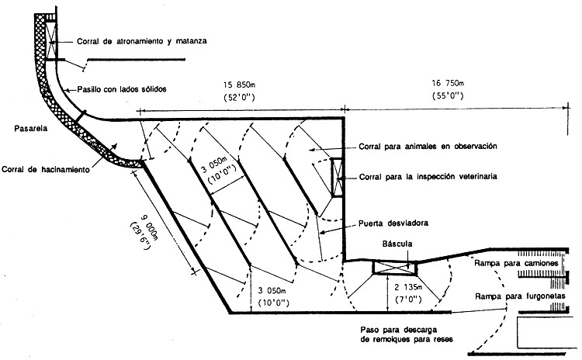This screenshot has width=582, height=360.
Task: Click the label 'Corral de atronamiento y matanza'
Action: click(x=143, y=41)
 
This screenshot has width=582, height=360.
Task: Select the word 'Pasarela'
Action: click(x=26, y=128)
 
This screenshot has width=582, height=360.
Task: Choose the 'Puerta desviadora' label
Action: click(x=400, y=223)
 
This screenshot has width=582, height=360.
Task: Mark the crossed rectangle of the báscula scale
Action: click(x=394, y=267)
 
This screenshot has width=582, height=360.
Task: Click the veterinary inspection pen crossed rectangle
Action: click(x=337, y=178)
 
